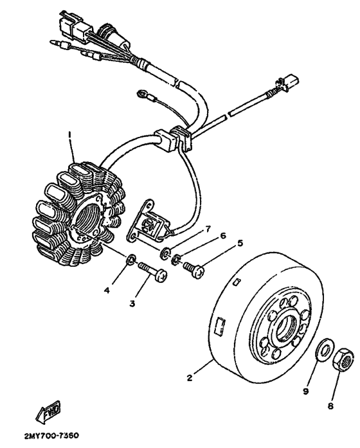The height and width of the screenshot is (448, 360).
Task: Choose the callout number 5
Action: [240, 243]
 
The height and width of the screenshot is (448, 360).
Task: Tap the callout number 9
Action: [307, 390]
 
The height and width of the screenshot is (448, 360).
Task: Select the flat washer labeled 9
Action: [325, 352]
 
